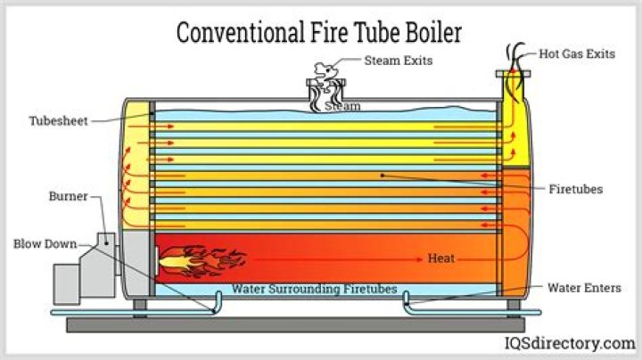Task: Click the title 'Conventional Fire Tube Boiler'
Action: tap(318, 33)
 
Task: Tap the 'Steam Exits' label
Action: tap(398, 61)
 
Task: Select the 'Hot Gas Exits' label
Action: tap(577, 53)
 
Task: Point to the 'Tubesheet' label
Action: tap(58, 120)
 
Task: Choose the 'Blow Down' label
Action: tap(45, 242)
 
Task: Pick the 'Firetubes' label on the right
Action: tap(576, 189)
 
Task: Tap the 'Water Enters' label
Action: tap(584, 288)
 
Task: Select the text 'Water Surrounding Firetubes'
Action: tap(314, 290)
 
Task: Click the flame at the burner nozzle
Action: tap(192, 259)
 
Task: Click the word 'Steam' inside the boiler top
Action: tap(342, 106)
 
